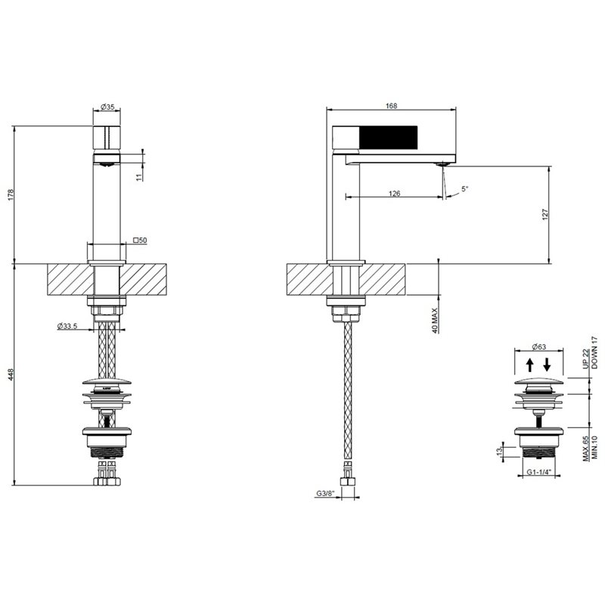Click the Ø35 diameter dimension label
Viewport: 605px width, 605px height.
click(x=107, y=107)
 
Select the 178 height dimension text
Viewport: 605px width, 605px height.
click(x=11, y=194)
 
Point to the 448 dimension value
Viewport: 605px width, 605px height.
click(x=11, y=374)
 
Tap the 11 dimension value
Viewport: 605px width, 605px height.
click(x=139, y=176)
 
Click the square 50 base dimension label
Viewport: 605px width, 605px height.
click(x=140, y=240)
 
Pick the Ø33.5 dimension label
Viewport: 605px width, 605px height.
click(x=67, y=326)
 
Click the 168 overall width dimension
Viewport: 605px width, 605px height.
click(x=391, y=106)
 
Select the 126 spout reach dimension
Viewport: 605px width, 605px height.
click(x=394, y=194)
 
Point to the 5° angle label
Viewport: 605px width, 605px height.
click(x=464, y=189)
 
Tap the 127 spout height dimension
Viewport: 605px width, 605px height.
click(x=545, y=215)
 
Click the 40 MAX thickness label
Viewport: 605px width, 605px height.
click(x=436, y=320)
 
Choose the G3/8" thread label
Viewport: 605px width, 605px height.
click(x=326, y=493)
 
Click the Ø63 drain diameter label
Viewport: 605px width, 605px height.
click(x=538, y=346)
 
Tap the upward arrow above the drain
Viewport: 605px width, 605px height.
click(x=530, y=365)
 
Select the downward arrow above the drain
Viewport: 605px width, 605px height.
click(x=547, y=365)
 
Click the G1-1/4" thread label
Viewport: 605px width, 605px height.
click(x=538, y=471)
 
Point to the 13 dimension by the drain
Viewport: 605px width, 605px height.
click(x=499, y=451)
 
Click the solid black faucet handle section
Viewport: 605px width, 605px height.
click(x=388, y=137)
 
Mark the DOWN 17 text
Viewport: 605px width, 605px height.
click(x=594, y=352)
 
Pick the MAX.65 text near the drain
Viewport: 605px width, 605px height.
click(x=586, y=448)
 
